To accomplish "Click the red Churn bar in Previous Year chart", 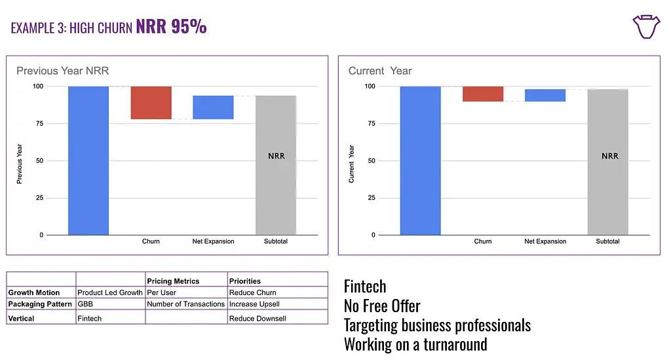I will (x=151, y=102).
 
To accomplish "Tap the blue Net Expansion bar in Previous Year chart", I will (x=213, y=107).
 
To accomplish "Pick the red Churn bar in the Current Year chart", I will (x=483, y=94).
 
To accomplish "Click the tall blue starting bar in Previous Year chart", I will (x=88, y=160).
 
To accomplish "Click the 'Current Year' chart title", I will (x=380, y=71).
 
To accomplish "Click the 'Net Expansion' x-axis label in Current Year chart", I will (x=545, y=241).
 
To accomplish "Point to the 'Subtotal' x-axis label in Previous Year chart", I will (x=276, y=241).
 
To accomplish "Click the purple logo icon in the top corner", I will (x=645, y=27).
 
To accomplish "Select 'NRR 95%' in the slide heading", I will (x=171, y=26).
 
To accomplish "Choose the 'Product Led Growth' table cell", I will (x=109, y=292).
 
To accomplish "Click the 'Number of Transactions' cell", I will (x=185, y=304).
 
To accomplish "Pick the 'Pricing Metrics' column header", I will (x=173, y=281).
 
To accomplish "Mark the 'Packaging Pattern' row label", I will (x=41, y=304).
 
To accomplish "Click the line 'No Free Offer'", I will (x=382, y=306).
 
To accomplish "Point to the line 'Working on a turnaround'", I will (x=415, y=344).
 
